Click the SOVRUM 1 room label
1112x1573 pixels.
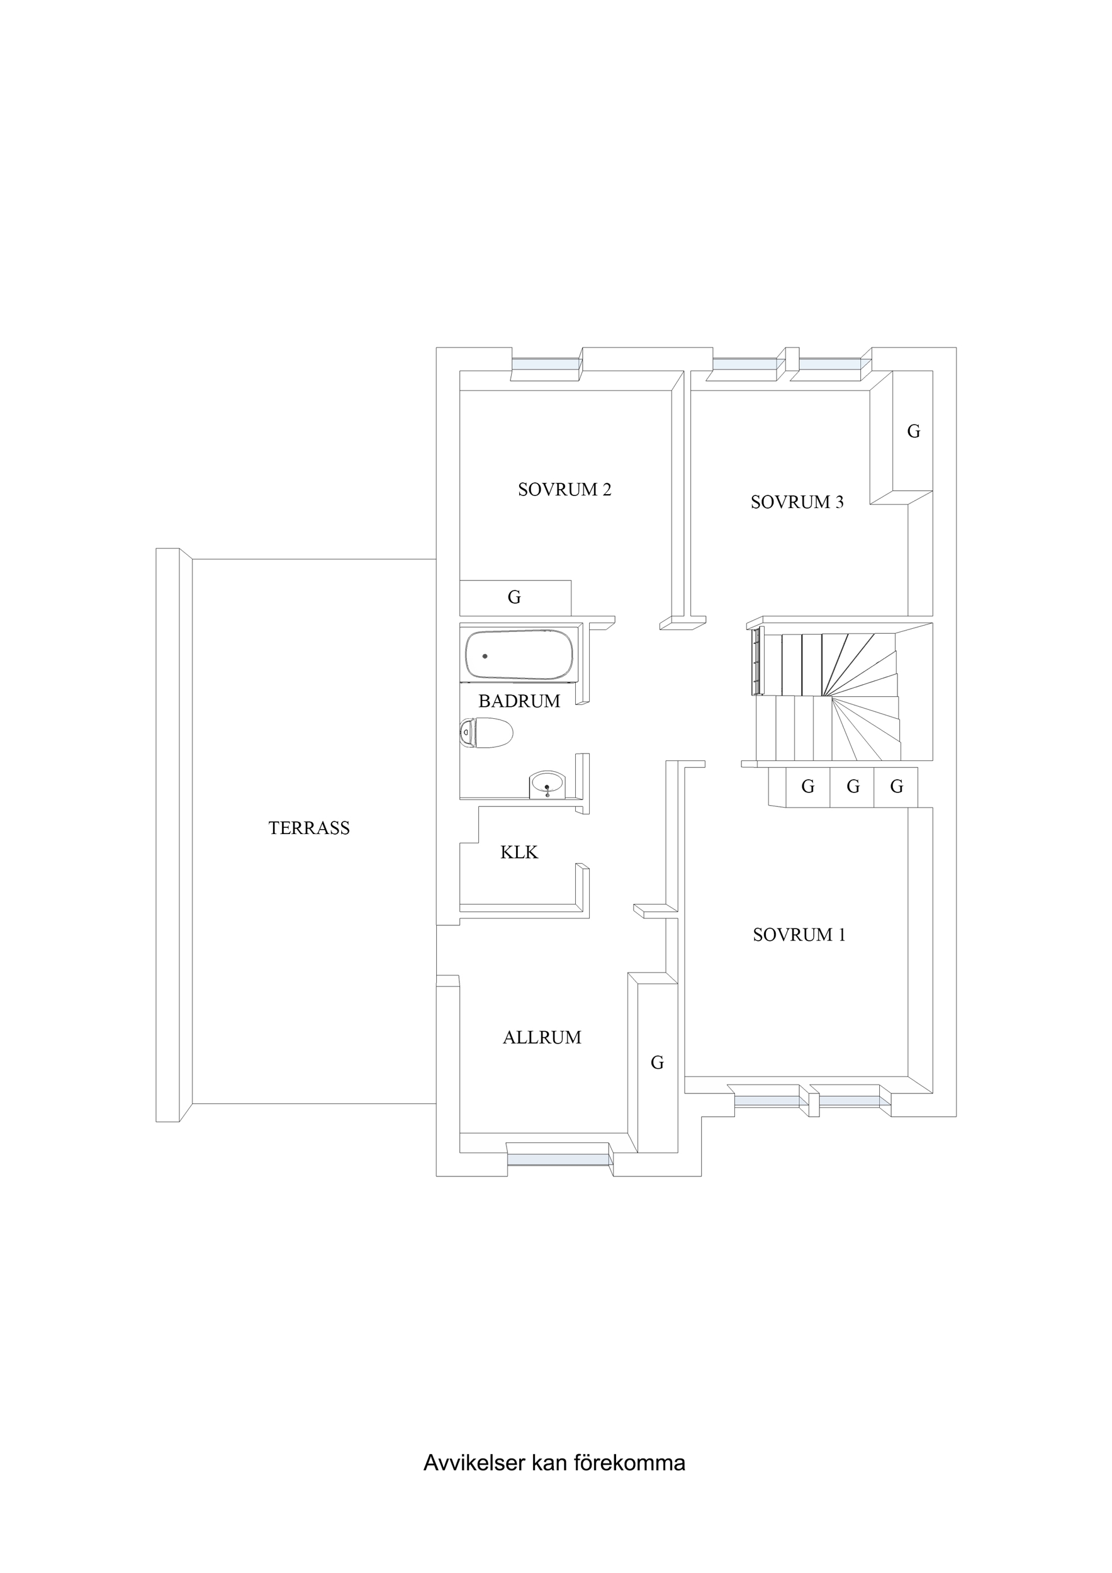click(799, 935)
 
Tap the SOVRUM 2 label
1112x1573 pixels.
click(564, 489)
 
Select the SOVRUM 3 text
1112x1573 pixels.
click(797, 502)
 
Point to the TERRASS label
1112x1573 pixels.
click(309, 828)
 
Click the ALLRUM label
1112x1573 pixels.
click(542, 1038)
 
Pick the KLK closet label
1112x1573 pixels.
click(519, 852)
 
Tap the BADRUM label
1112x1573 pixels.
click(519, 701)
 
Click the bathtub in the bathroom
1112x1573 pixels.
click(519, 655)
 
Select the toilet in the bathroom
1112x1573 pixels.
click(486, 733)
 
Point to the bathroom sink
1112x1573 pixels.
click(547, 784)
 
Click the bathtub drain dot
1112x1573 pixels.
click(485, 657)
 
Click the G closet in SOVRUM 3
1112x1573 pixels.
click(913, 432)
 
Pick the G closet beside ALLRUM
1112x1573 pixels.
click(657, 1063)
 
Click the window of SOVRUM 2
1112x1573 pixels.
click(546, 364)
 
